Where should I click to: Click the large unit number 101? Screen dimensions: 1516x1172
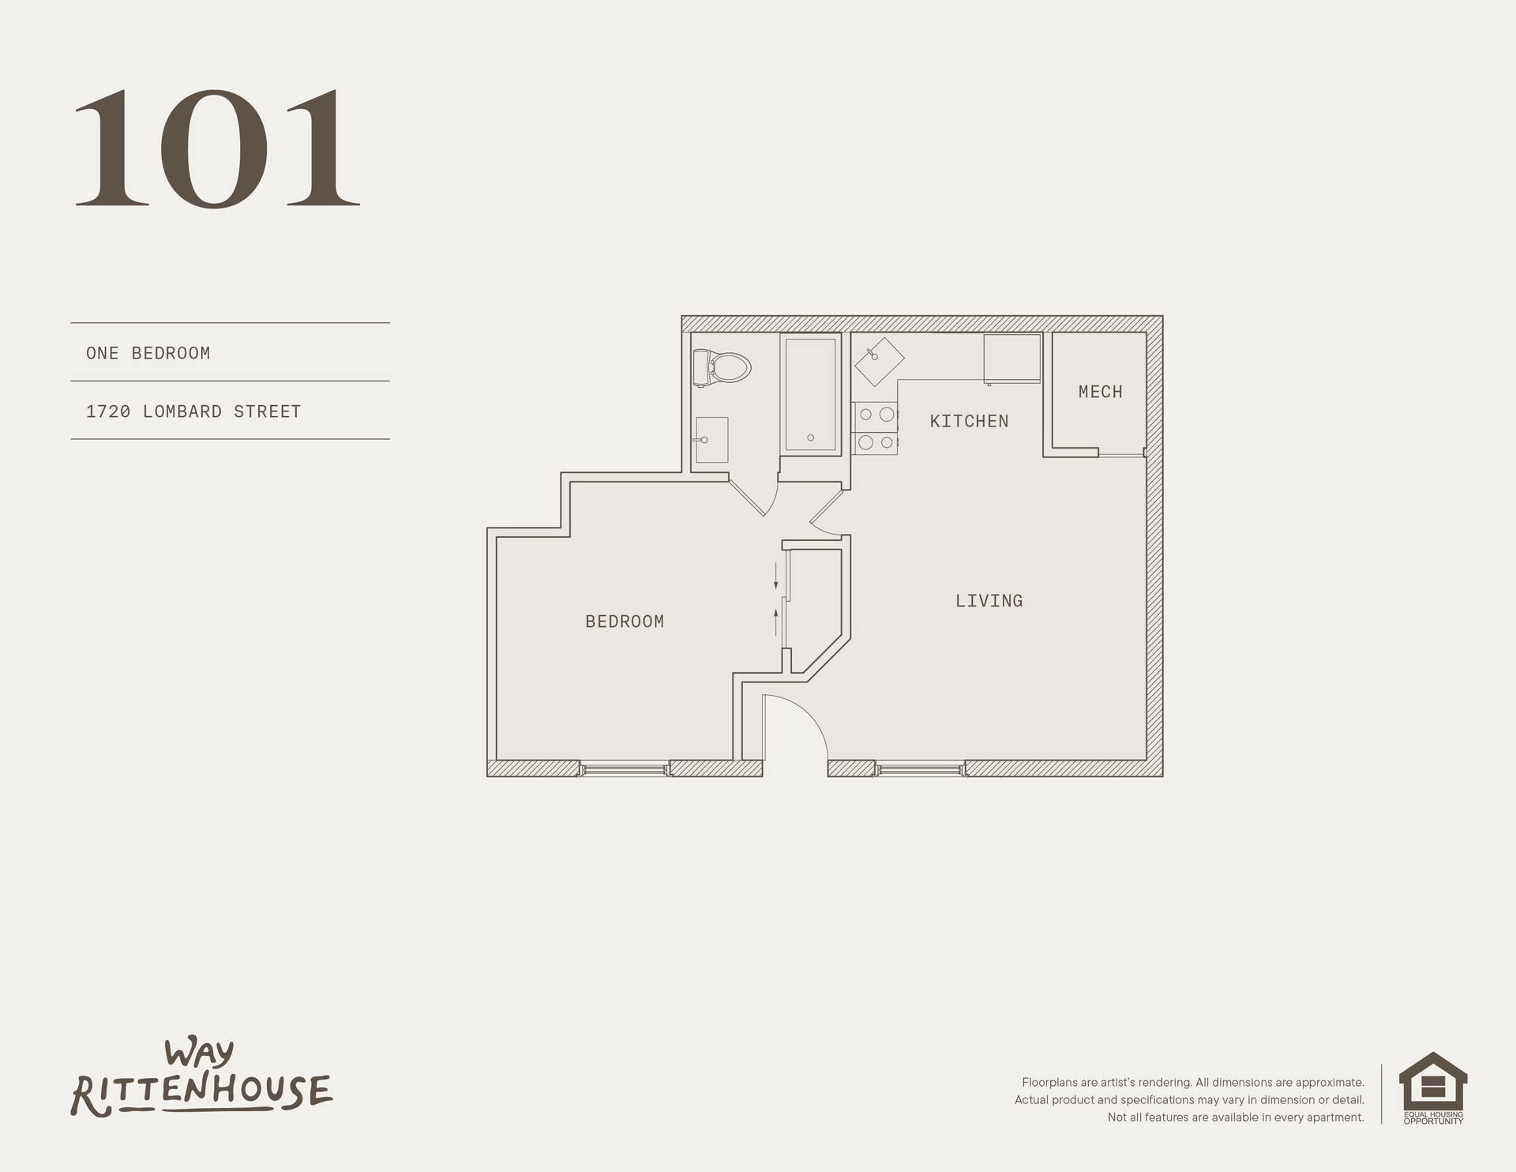[217, 148]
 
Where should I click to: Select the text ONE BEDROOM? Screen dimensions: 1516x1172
[148, 353]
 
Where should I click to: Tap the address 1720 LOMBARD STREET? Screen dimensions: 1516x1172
[193, 411]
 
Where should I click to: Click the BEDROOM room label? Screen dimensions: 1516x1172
[625, 622]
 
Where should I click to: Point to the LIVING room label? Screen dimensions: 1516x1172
[989, 601]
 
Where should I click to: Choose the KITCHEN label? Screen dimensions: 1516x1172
[969, 422]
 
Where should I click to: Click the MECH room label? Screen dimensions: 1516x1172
[1100, 392]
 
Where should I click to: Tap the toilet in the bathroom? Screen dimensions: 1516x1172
[722, 367]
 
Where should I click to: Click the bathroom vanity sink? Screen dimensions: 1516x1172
[711, 440]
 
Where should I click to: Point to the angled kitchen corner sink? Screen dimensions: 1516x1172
[879, 362]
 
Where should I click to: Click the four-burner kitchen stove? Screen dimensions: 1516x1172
[875, 428]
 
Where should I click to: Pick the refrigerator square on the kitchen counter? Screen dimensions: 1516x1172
[1012, 359]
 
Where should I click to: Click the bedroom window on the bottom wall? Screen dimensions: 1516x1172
[625, 768]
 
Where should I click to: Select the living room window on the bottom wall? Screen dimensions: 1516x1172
[920, 768]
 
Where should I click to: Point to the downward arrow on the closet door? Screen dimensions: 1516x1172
[776, 576]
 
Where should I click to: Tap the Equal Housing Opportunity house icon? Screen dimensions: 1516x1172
[1432, 1084]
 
